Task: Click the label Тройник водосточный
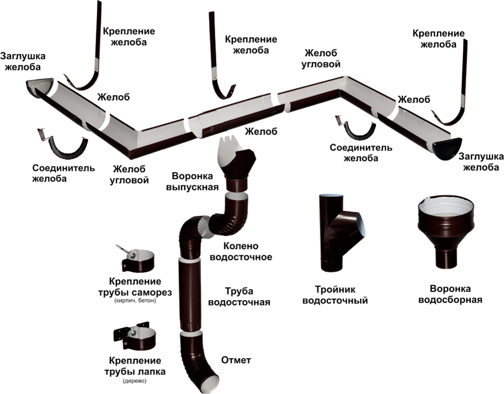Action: (x=334, y=295)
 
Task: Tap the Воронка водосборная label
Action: (x=451, y=294)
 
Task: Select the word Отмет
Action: (x=236, y=361)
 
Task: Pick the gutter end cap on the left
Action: (x=40, y=87)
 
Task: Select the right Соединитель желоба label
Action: (x=361, y=152)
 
